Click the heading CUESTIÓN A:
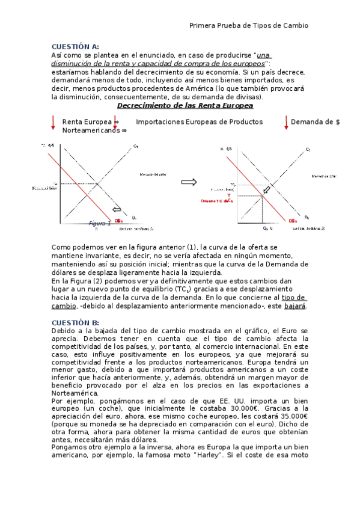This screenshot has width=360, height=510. click(75, 46)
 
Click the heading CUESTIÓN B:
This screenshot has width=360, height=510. click(75, 322)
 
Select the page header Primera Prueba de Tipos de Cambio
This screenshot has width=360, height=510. click(248, 25)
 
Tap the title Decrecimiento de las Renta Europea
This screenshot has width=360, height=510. click(185, 106)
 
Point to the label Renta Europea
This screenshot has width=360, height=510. click(87, 122)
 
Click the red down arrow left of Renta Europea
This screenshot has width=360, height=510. click(53, 122)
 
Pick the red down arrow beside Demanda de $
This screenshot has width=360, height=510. click(286, 122)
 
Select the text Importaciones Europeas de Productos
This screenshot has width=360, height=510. click(199, 122)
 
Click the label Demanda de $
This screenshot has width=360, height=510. click(315, 122)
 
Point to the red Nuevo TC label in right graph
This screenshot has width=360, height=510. click(215, 201)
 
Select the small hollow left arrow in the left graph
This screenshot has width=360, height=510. click(117, 210)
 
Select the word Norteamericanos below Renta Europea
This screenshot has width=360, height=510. click(91, 130)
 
